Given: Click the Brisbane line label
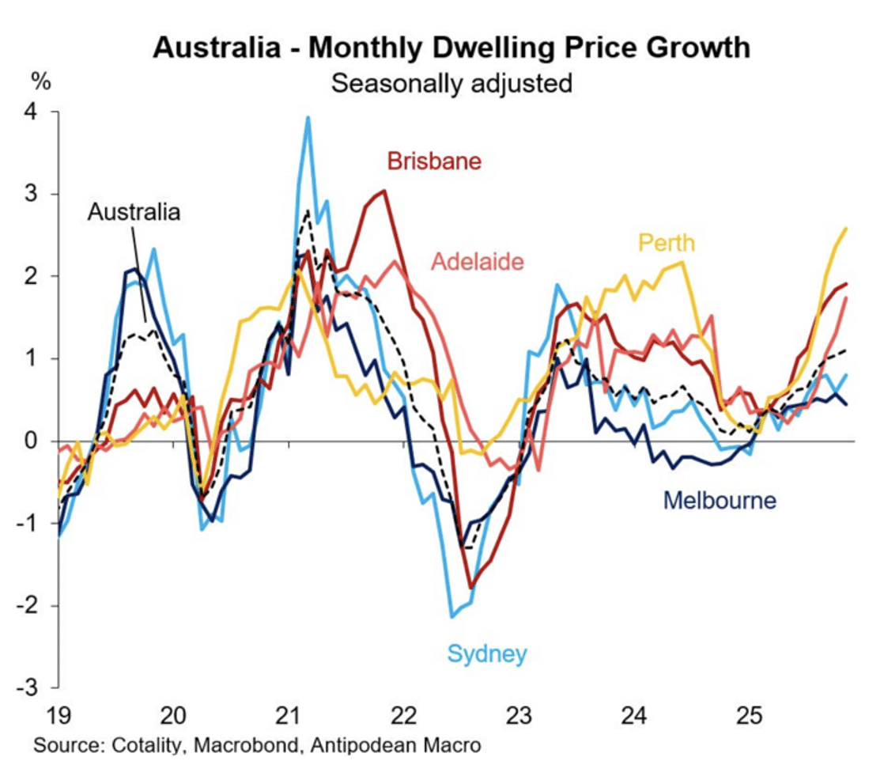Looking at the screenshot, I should (434, 161).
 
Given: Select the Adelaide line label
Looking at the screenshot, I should (478, 260).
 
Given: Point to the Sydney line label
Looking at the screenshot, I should (487, 654).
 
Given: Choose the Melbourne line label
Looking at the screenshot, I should (720, 500).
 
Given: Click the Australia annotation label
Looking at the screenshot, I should (134, 211).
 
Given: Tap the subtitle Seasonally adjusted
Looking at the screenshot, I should (451, 82).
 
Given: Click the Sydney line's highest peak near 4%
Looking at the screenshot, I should (308, 117).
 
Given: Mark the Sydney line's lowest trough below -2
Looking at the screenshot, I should (452, 617).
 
